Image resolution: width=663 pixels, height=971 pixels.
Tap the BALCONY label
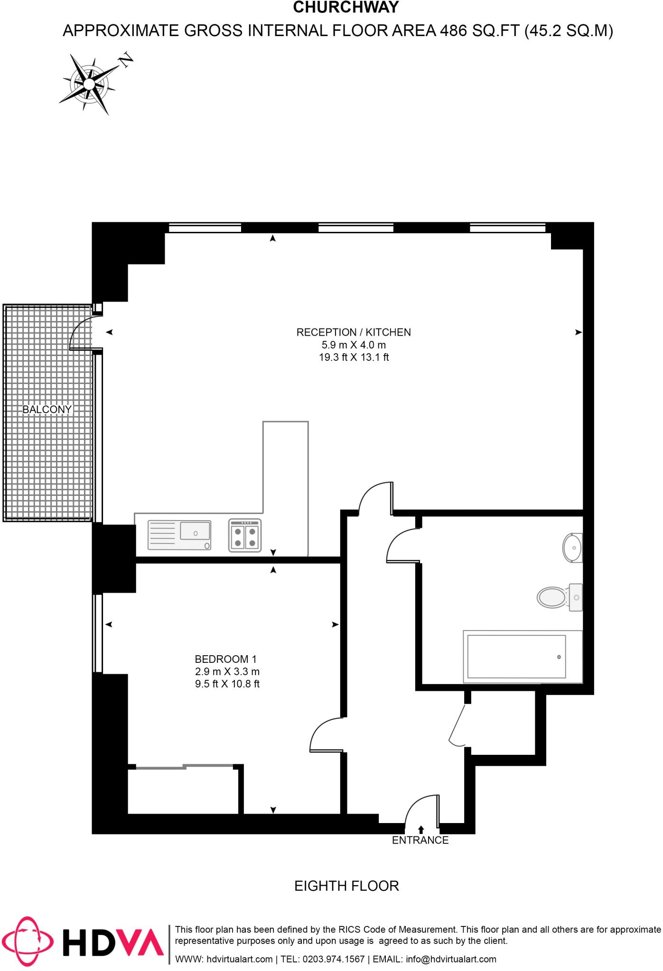[x=47, y=409]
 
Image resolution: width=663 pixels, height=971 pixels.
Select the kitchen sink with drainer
[x=179, y=535]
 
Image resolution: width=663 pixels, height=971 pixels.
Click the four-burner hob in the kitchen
[x=245, y=535]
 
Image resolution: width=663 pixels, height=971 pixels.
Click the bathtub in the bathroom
[x=522, y=657]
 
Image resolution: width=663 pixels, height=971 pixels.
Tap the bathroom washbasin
[x=572, y=548]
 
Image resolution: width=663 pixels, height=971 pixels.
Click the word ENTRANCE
[x=420, y=854]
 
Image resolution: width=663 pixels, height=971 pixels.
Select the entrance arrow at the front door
[x=421, y=843]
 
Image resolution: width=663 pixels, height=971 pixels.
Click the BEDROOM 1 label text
[x=225, y=659]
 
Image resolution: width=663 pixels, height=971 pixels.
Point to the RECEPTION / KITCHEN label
[x=354, y=332]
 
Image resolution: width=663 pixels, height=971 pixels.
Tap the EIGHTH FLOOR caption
[x=346, y=886]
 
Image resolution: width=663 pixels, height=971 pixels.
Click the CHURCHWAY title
[x=346, y=8]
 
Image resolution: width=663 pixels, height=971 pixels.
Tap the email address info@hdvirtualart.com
[x=451, y=959]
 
